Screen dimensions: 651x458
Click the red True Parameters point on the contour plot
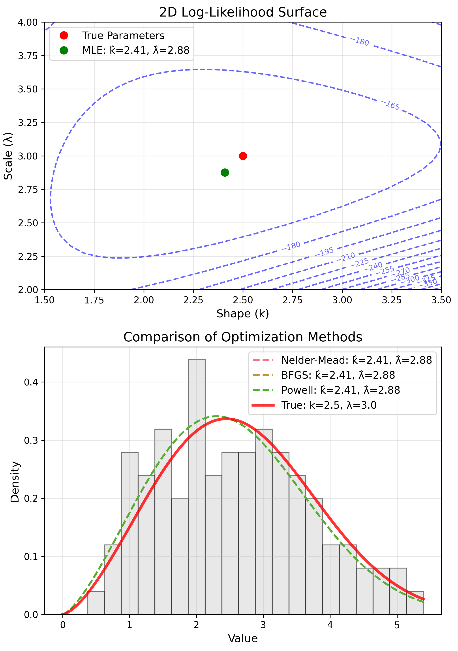tap(243, 156)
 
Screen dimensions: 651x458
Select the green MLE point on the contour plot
tap(225, 172)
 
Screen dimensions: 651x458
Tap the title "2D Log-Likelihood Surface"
tap(243, 12)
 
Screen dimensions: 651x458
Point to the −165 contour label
tap(392, 105)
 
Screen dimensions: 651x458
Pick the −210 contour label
tap(346, 257)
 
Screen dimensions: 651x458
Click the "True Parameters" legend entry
tap(123, 36)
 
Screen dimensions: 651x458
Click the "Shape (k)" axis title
tap(243, 314)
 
